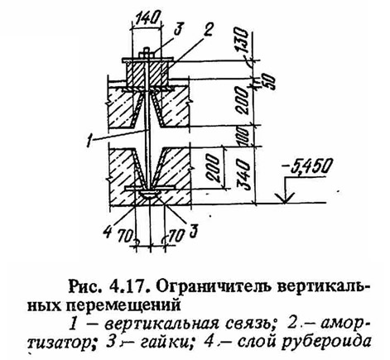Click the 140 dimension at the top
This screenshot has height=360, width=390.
tap(147, 18)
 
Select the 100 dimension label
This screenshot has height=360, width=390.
tap(243, 137)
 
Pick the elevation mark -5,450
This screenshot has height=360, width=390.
tap(306, 167)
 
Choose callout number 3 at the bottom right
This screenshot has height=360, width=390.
tap(193, 231)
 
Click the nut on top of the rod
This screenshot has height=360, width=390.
tap(148, 54)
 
